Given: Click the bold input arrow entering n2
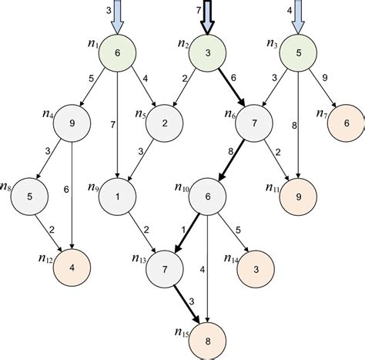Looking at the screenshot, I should pyautogui.click(x=206, y=17).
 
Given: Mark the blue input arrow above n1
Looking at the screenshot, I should pyautogui.click(x=117, y=17).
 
